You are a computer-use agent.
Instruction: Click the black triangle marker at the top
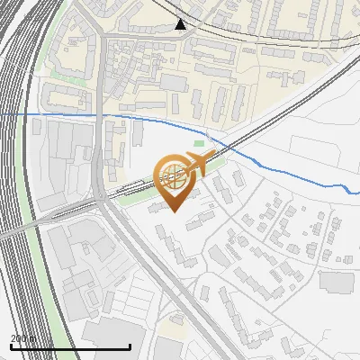pyautogui.click(x=181, y=24)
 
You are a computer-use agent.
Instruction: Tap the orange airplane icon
pyautogui.click(x=196, y=164)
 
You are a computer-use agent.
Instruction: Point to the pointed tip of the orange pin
pyautogui.click(x=175, y=212)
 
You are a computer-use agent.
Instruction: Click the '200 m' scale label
pyautogui.click(x=23, y=339)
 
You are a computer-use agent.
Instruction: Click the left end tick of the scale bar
pyautogui.click(x=10, y=346)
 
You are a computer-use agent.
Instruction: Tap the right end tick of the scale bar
pyautogui.click(x=130, y=346)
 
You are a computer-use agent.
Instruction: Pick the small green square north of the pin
pyautogui.click(x=199, y=143)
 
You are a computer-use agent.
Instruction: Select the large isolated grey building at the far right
pyautogui.click(x=336, y=282)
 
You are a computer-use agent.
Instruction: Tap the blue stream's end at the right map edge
pyautogui.click(x=357, y=192)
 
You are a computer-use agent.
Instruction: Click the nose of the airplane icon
pyautogui.click(x=214, y=155)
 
